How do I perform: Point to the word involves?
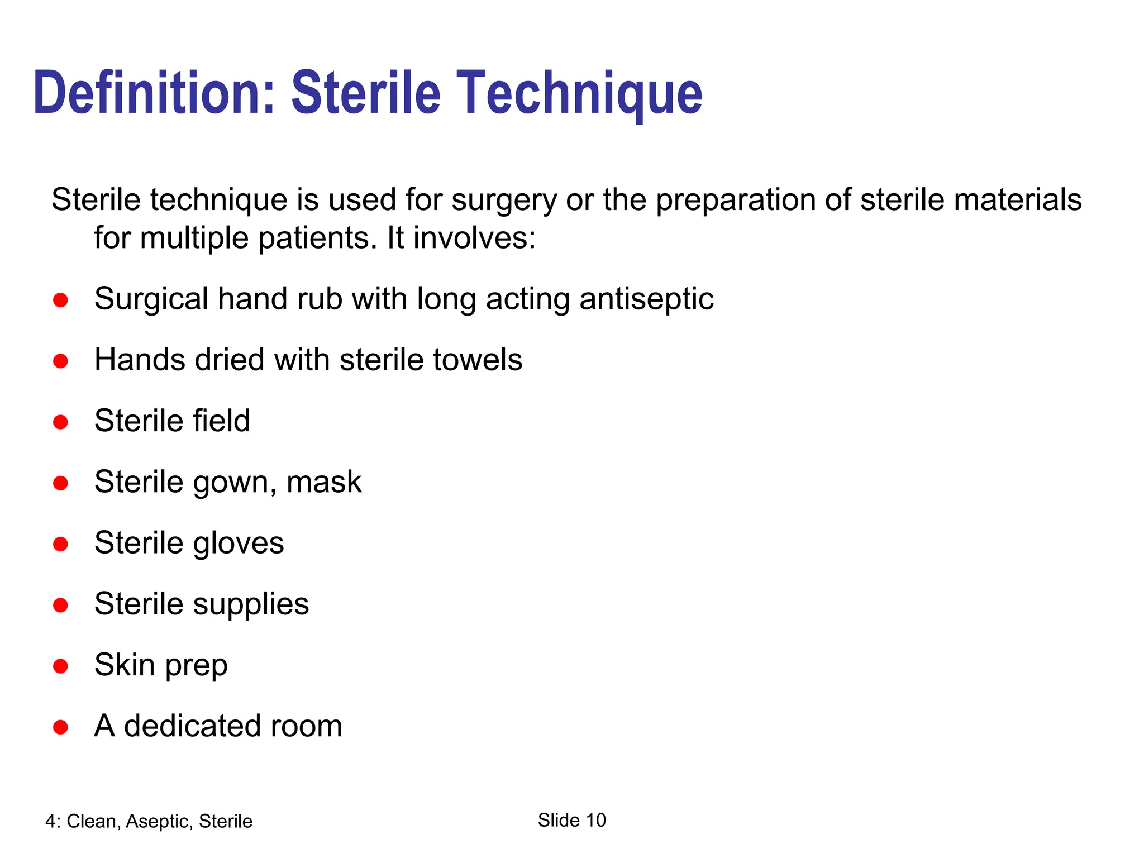tap(474, 238)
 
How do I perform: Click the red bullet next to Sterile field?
tap(60, 422)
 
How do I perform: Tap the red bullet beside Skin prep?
tap(60, 666)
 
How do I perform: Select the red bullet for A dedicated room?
tap(60, 727)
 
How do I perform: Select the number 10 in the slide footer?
tap(595, 820)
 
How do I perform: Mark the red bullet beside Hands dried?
tap(60, 361)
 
